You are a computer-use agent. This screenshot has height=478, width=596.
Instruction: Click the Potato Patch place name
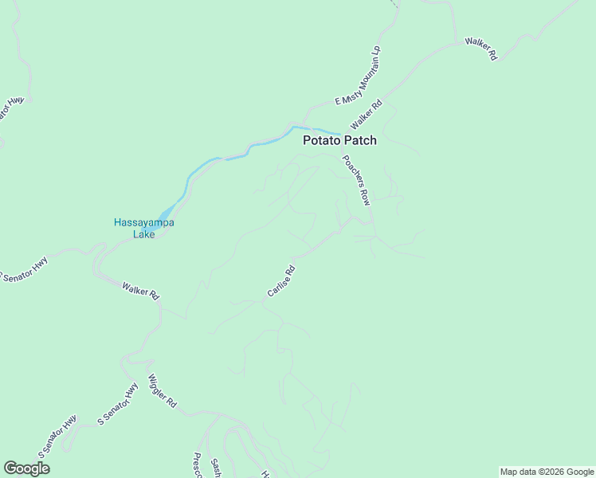coord(339,140)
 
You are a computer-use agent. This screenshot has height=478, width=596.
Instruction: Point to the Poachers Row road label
coord(356,180)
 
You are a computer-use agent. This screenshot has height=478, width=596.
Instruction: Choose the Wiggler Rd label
coord(162,391)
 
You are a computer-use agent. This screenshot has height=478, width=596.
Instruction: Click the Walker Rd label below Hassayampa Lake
coord(140,290)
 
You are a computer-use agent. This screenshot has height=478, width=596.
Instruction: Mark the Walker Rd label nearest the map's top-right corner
coord(481,49)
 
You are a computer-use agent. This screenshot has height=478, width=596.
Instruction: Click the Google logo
coord(26,468)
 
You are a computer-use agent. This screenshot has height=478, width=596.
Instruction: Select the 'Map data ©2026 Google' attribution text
coord(547,472)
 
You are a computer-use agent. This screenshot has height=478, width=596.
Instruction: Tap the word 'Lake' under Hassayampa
coord(144,234)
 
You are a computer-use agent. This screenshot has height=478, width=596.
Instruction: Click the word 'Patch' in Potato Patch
coord(359,140)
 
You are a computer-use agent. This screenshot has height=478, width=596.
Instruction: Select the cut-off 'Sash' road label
coord(215,468)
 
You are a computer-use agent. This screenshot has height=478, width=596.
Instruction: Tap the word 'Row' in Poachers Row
coord(365,196)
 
